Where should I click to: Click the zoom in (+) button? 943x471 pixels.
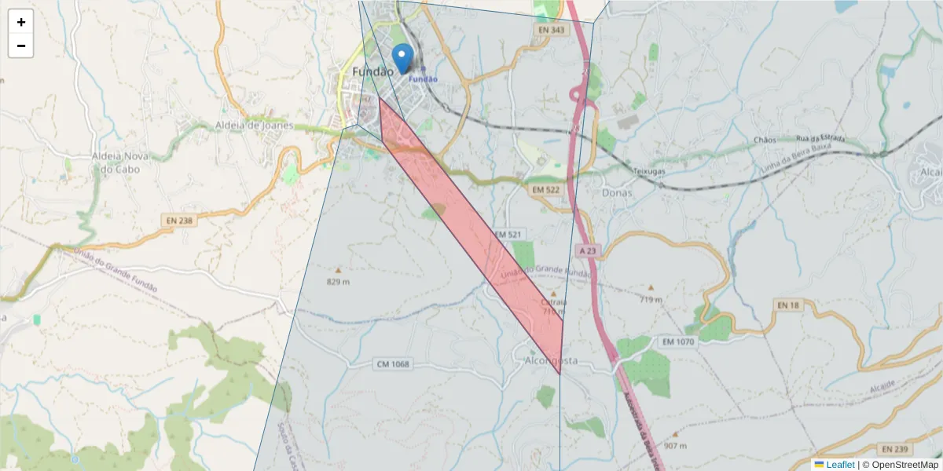[x=21, y=22]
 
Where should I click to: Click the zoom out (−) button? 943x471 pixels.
[x=21, y=46]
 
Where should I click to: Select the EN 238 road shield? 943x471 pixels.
[x=179, y=221]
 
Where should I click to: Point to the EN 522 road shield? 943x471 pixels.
[x=545, y=190]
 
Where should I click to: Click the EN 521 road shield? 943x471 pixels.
[x=508, y=235]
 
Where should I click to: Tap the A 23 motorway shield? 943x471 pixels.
[x=587, y=250]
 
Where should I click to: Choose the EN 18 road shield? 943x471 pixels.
[x=787, y=304]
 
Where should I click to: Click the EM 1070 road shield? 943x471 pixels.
[x=678, y=342]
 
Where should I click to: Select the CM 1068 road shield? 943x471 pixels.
[x=394, y=364]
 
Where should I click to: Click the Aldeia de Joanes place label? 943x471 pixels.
[x=254, y=125]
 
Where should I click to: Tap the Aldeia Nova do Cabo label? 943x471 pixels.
[x=116, y=162]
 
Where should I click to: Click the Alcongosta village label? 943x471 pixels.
[x=550, y=360]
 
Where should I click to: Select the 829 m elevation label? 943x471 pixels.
[x=339, y=280]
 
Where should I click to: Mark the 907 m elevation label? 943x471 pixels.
[x=675, y=446]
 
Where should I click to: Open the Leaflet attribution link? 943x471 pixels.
[x=840, y=465]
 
